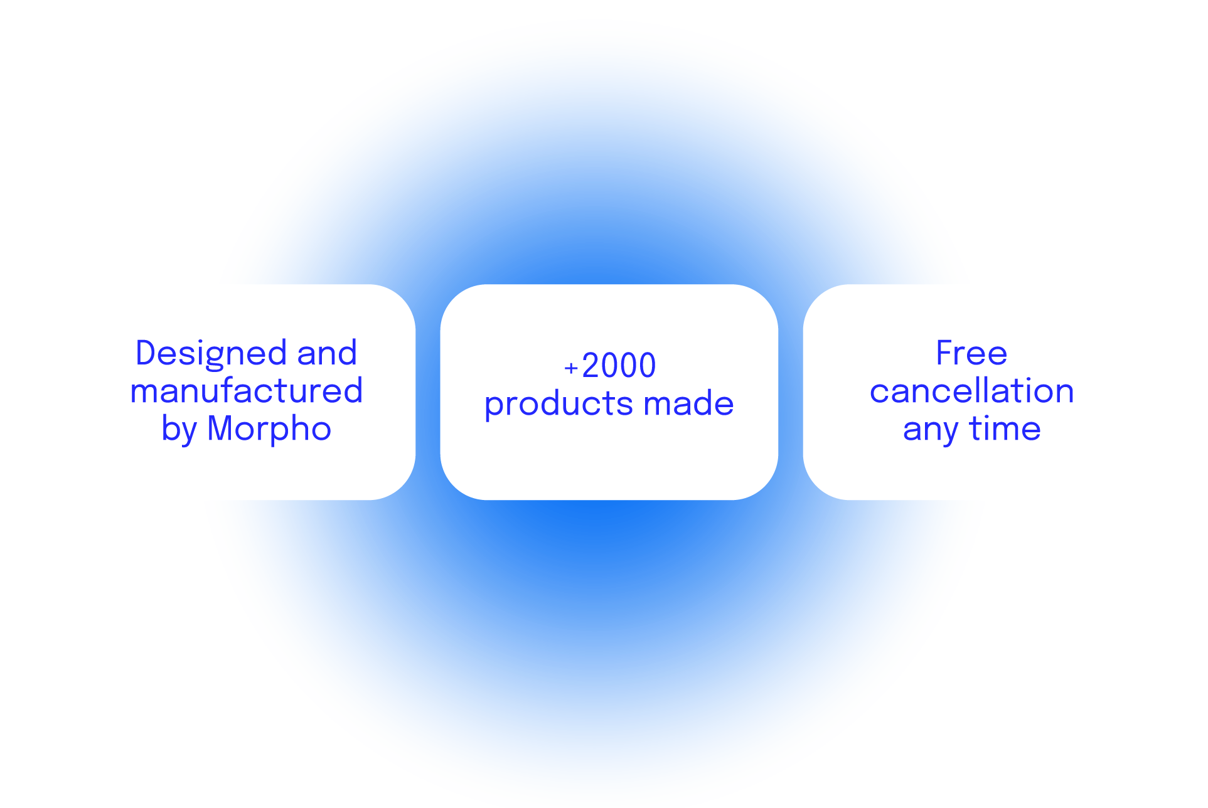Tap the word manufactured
tap(247, 390)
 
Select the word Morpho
tap(269, 429)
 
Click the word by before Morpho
tap(179, 430)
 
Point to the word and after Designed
tap(327, 353)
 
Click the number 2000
tap(619, 365)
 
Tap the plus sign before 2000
tap(570, 368)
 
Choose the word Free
tap(971, 353)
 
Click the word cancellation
tap(971, 390)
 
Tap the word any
tap(931, 431)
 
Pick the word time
tap(1005, 428)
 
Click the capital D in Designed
tap(147, 353)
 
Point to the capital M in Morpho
tap(220, 428)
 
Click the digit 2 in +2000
tap(591, 365)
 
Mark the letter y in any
tap(948, 433)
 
